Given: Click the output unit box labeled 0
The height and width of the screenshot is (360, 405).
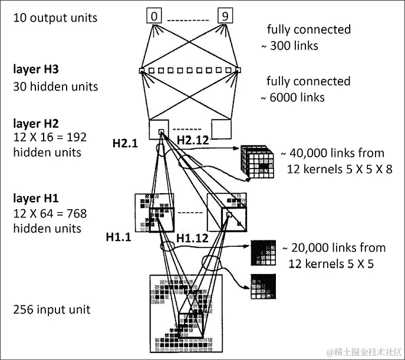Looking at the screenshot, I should click(x=154, y=16).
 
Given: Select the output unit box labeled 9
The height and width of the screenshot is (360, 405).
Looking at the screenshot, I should click(x=225, y=16).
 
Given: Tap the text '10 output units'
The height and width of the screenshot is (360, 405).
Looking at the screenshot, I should click(x=55, y=18).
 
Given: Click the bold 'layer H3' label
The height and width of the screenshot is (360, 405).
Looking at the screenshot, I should click(x=36, y=70).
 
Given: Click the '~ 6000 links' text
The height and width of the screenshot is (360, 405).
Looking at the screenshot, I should click(x=296, y=97).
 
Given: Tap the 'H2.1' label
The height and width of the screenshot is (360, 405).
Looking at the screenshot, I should click(x=126, y=143).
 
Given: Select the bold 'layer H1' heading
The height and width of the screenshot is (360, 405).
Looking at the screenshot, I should click(x=36, y=197).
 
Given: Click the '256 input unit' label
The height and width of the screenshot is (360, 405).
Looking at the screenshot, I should click(x=51, y=309).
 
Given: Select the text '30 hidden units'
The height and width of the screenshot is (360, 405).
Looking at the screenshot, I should click(x=55, y=87).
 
